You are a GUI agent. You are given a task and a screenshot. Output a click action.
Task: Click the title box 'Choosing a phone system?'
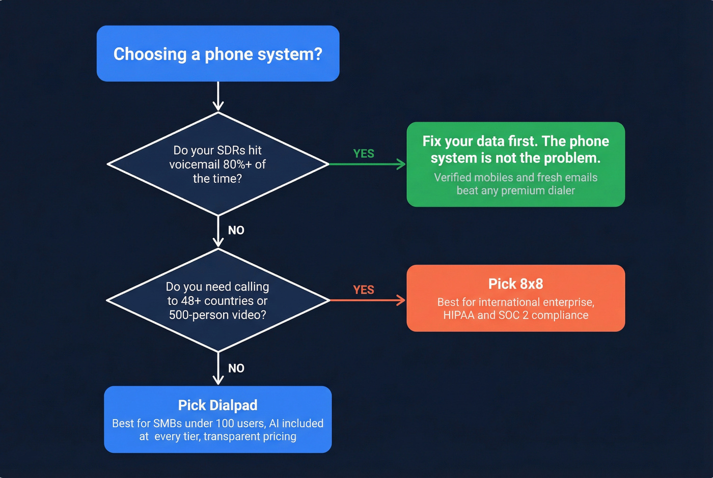218,53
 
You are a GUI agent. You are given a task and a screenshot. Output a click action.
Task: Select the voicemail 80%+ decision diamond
218,164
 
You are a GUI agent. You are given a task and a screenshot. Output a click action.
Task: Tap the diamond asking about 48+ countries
218,300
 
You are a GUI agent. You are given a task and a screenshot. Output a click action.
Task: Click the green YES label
364,153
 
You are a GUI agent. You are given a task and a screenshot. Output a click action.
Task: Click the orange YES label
364,290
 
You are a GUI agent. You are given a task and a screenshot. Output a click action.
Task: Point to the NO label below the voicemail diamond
236,230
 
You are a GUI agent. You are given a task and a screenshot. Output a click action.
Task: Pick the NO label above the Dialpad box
236,368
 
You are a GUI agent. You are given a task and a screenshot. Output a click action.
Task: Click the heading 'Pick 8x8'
515,284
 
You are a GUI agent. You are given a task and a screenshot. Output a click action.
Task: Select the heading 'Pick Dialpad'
218,405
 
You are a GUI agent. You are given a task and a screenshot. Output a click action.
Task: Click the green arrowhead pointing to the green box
401,164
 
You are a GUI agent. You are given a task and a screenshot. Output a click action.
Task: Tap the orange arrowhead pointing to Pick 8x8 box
401,300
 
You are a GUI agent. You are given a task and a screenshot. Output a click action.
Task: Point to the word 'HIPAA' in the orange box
458,315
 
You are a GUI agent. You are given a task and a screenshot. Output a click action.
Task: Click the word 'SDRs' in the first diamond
231,150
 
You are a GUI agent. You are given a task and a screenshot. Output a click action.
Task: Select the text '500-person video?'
217,315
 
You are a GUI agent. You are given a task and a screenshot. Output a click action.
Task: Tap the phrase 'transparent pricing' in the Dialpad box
250,436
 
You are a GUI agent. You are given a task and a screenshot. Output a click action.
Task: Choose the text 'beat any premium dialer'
515,190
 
